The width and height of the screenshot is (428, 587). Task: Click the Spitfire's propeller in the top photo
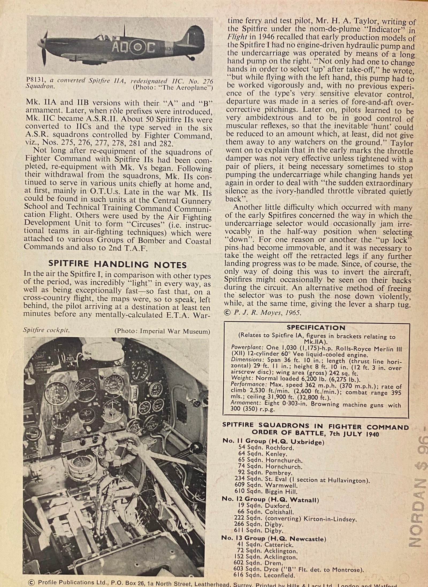click(44, 48)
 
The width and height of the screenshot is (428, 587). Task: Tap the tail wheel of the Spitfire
click(191, 58)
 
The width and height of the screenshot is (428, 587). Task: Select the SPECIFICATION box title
click(316, 328)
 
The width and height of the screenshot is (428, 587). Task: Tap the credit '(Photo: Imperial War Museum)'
click(162, 331)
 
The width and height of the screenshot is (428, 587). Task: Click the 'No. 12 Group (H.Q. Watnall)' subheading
click(270, 499)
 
